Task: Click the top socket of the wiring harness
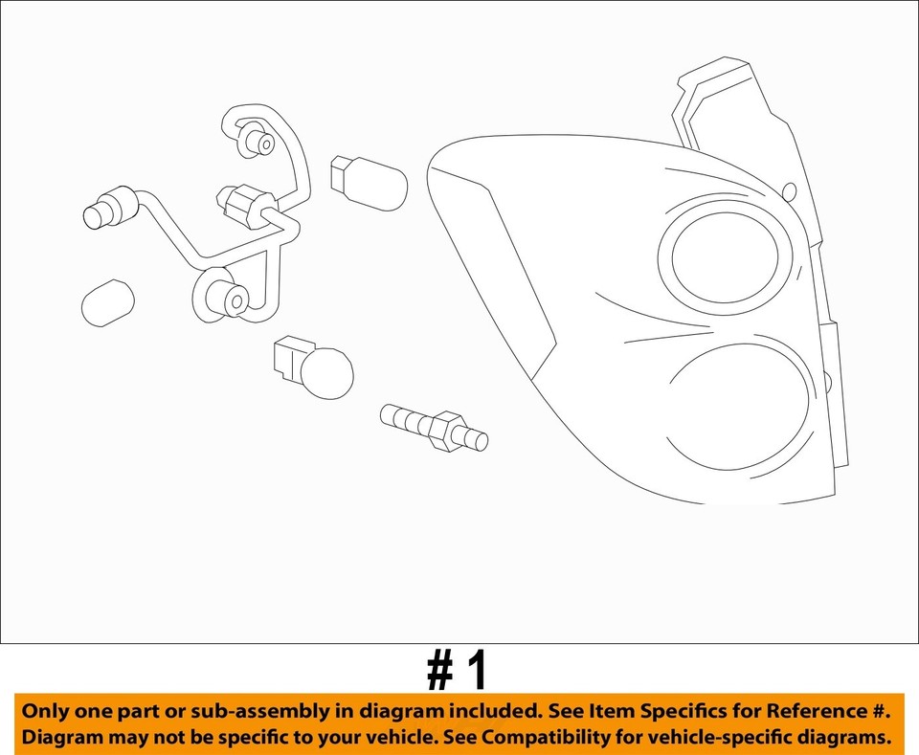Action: [x=258, y=143]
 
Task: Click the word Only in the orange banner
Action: [x=49, y=712]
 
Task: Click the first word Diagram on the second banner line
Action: [x=63, y=738]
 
